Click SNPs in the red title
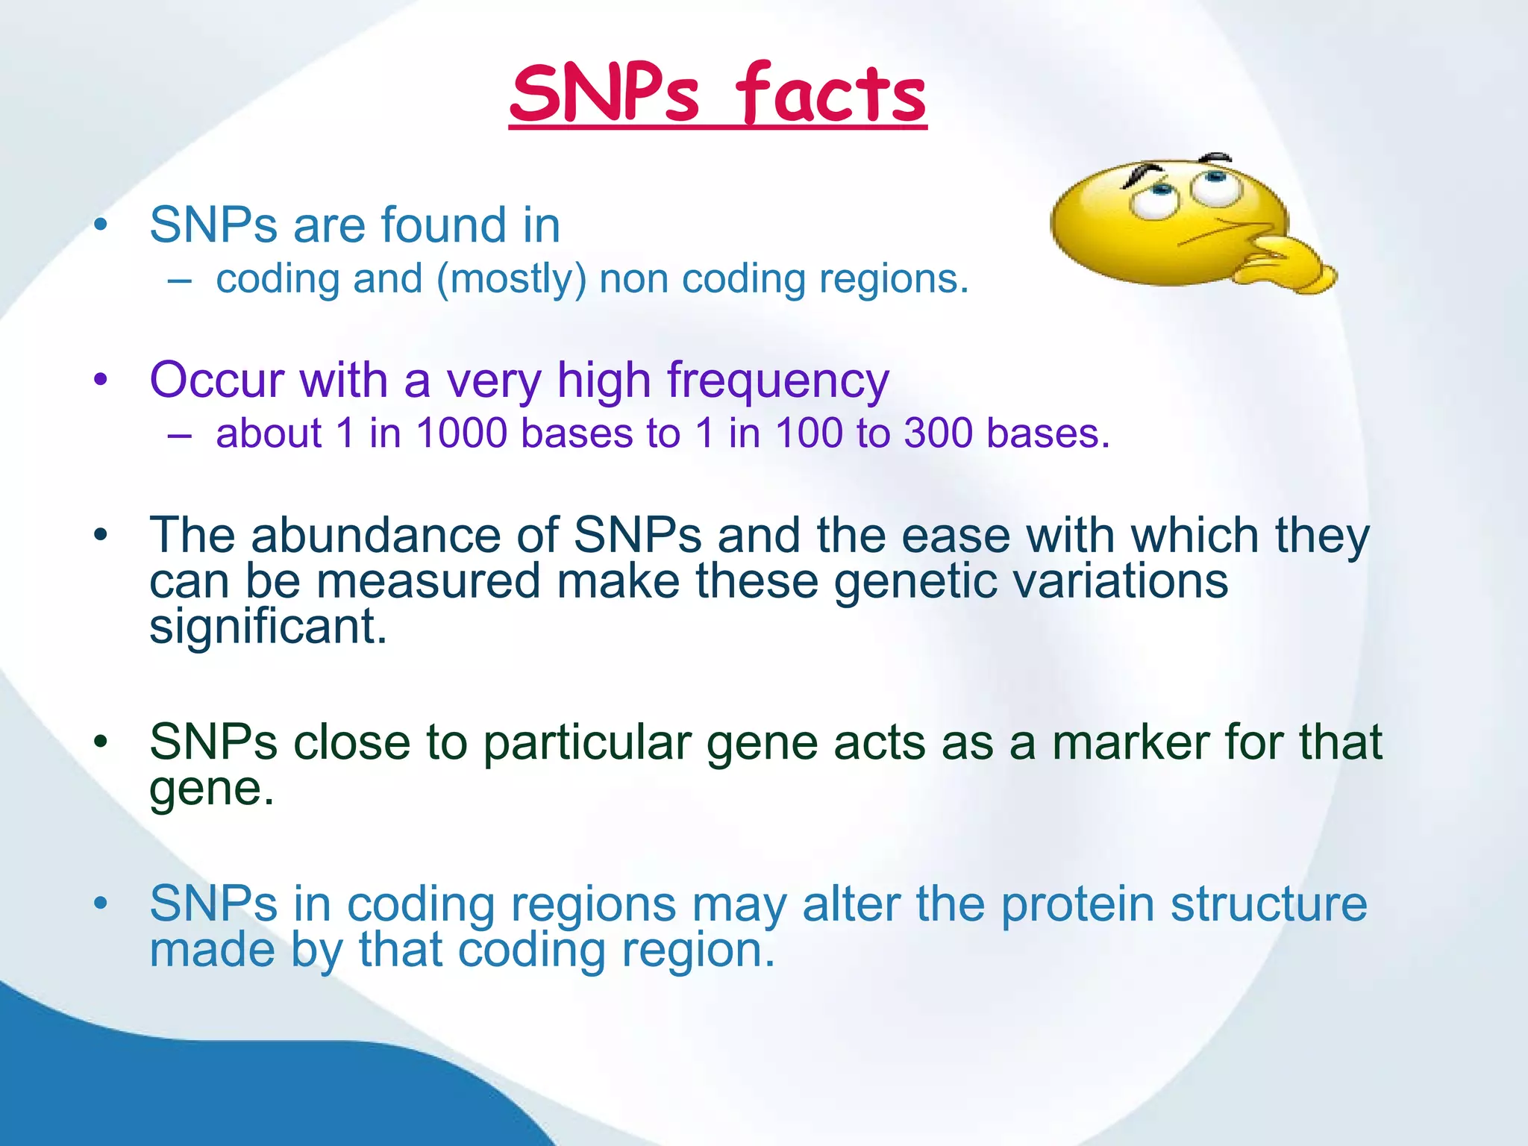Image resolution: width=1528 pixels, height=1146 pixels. (x=605, y=95)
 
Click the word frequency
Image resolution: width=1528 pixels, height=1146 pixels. (x=777, y=381)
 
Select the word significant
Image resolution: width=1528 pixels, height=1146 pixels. (x=268, y=627)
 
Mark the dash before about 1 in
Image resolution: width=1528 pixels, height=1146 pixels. (x=180, y=435)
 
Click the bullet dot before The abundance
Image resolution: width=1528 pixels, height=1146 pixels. (x=101, y=536)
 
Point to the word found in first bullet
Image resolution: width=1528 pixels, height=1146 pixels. (x=443, y=225)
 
